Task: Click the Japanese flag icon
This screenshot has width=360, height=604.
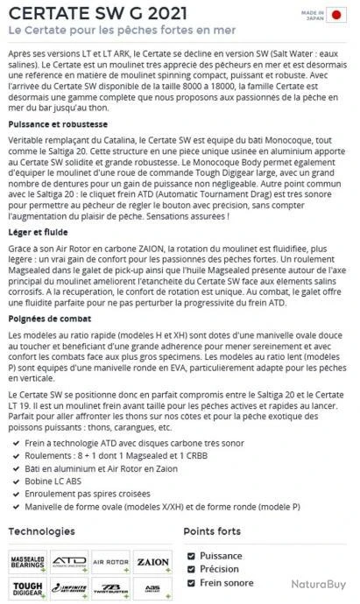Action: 336,15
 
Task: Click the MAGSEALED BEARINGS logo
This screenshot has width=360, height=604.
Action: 28,560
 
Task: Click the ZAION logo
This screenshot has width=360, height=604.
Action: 153,560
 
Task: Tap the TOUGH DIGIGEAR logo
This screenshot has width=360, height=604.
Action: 28,587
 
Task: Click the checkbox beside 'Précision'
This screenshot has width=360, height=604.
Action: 192,569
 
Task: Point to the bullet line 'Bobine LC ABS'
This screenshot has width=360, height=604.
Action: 57,481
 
